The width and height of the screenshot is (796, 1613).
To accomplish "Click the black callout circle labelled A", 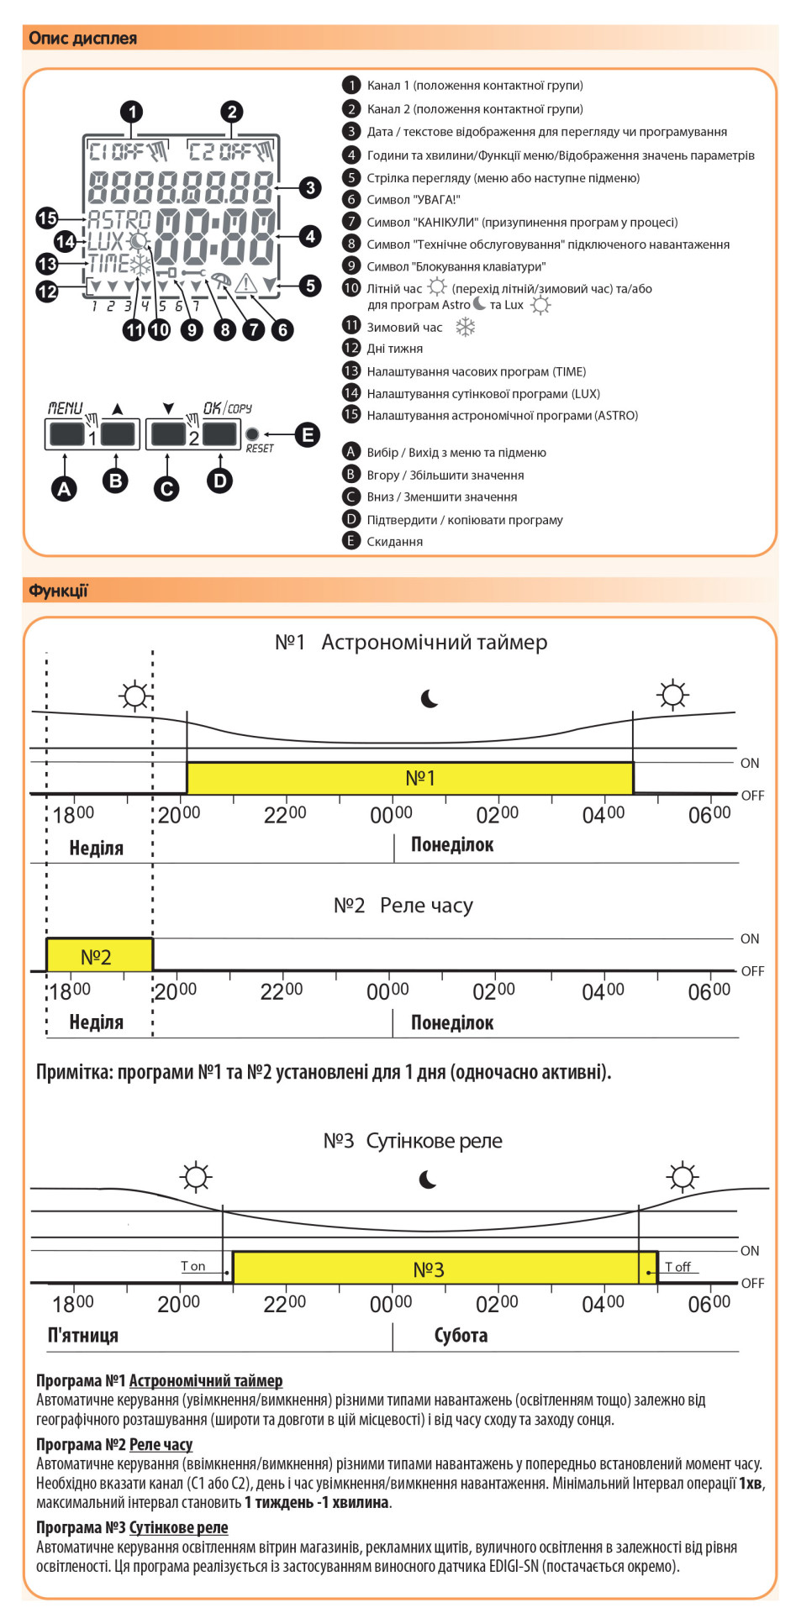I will [x=64, y=488].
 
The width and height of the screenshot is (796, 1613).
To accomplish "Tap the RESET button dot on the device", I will [x=251, y=434].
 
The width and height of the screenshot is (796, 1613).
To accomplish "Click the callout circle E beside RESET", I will [x=308, y=434].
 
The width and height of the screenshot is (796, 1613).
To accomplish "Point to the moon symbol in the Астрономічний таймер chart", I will [x=430, y=699].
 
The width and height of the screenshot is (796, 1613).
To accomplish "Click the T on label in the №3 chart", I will [x=193, y=1266].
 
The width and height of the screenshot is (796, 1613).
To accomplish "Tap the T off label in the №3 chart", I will [x=677, y=1266].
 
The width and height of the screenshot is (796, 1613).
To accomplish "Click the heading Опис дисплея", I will [x=82, y=38].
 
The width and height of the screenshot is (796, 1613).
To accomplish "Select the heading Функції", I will [x=58, y=591].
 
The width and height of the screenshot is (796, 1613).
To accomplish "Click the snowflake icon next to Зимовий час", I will [x=465, y=328].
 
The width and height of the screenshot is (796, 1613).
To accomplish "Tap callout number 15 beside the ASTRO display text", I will [x=47, y=218].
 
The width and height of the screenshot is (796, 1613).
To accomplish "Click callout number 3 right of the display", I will [x=310, y=187].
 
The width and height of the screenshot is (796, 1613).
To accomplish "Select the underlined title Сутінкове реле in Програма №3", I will [x=178, y=1527].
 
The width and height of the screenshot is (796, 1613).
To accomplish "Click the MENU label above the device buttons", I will [x=65, y=408].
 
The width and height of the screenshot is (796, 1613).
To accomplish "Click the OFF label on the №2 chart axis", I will [x=752, y=971].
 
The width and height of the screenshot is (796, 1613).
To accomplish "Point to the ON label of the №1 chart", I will [x=750, y=763].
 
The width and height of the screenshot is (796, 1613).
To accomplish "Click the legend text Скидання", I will [x=394, y=542].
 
